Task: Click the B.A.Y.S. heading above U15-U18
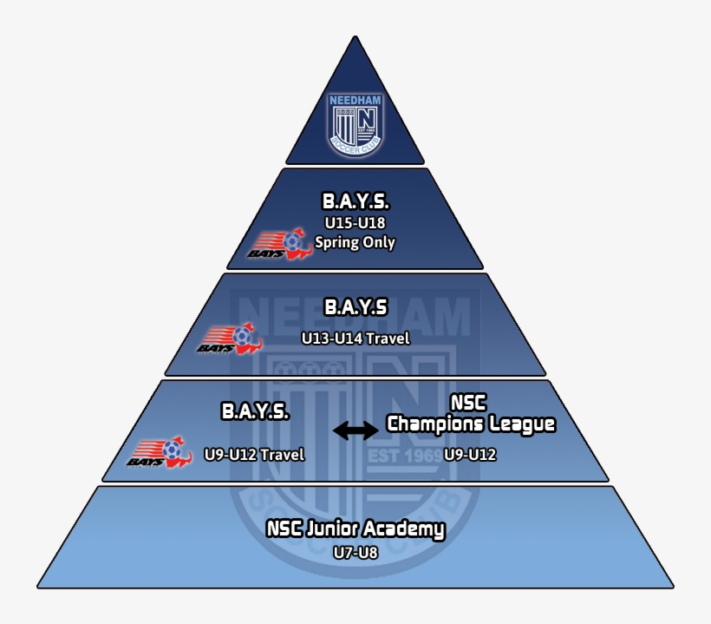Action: pos(355,202)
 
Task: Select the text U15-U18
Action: pos(355,224)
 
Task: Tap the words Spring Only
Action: pos(355,242)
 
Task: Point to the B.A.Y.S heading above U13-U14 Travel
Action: pos(355,308)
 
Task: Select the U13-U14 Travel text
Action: pos(355,338)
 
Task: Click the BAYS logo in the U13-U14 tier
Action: pos(230,340)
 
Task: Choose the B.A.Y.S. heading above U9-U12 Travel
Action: pos(255,411)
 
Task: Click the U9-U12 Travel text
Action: pos(254,454)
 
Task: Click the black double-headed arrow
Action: pos(355,430)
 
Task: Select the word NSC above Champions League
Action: pos(469,404)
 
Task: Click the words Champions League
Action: pos(471,424)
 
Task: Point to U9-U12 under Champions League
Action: pos(471,454)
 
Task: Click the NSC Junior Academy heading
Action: pos(355,529)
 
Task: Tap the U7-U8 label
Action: pos(355,552)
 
